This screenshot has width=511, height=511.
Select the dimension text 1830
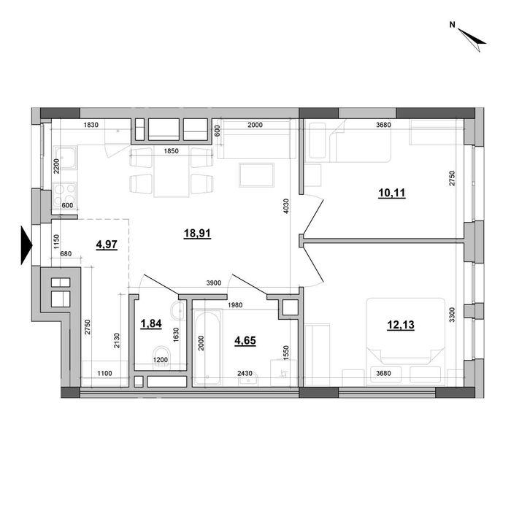91,126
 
